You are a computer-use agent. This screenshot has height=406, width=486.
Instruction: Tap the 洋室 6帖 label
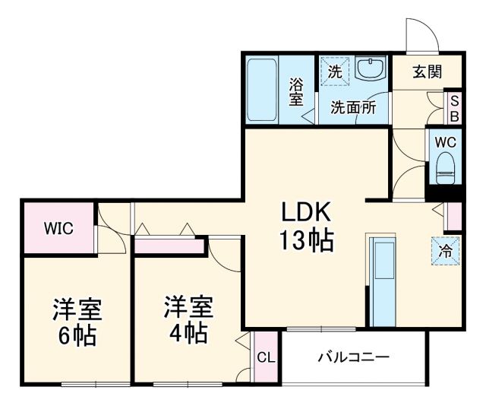(x=77, y=322)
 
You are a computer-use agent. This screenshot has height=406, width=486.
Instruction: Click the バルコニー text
(x=352, y=356)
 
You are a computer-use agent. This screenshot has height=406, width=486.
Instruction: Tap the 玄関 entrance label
(x=427, y=72)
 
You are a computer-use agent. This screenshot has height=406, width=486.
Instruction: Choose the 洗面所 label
(x=352, y=107)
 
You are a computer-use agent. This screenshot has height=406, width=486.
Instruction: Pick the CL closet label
(x=265, y=357)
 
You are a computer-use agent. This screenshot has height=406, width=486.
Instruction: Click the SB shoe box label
(x=454, y=108)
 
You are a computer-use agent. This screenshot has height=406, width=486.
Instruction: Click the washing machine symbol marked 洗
(x=335, y=72)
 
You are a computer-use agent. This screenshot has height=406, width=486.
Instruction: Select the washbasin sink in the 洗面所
(x=370, y=71)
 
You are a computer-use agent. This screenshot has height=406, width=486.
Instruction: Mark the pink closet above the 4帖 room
(x=169, y=246)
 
